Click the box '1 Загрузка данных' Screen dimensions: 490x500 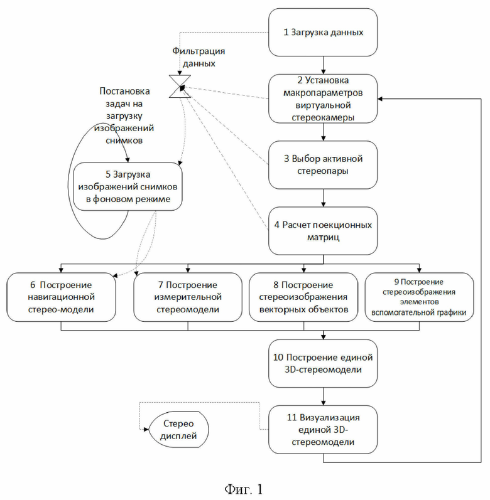pos(323,33)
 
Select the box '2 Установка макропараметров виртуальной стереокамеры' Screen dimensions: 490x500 pos(323,99)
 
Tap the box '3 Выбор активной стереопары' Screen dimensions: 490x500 pos(323,165)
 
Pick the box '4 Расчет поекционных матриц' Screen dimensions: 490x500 pos(323,231)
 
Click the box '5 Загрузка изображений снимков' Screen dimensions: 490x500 pos(128,186)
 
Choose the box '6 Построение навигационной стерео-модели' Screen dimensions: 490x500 pos(61,297)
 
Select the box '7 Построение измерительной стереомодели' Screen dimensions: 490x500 pos(188,297)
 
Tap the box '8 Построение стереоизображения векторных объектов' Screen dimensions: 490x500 pos(303,297)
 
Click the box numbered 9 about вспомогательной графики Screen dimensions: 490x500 pos(419,297)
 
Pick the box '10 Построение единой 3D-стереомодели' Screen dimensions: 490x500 pos(323,363)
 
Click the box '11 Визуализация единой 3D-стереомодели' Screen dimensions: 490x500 pos(323,430)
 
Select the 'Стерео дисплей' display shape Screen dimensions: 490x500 pos(179,430)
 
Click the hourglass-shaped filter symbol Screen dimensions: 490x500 pos(180,87)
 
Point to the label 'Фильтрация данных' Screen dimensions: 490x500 pos(199,57)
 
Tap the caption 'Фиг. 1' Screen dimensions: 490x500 pos(244,489)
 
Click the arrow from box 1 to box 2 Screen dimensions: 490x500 pos(323,65)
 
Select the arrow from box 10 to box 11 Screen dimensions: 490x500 pos(323,396)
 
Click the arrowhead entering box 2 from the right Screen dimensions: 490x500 pos(380,99)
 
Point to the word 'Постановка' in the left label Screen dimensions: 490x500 pos(124,91)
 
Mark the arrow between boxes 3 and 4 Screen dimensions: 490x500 pos(323,198)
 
